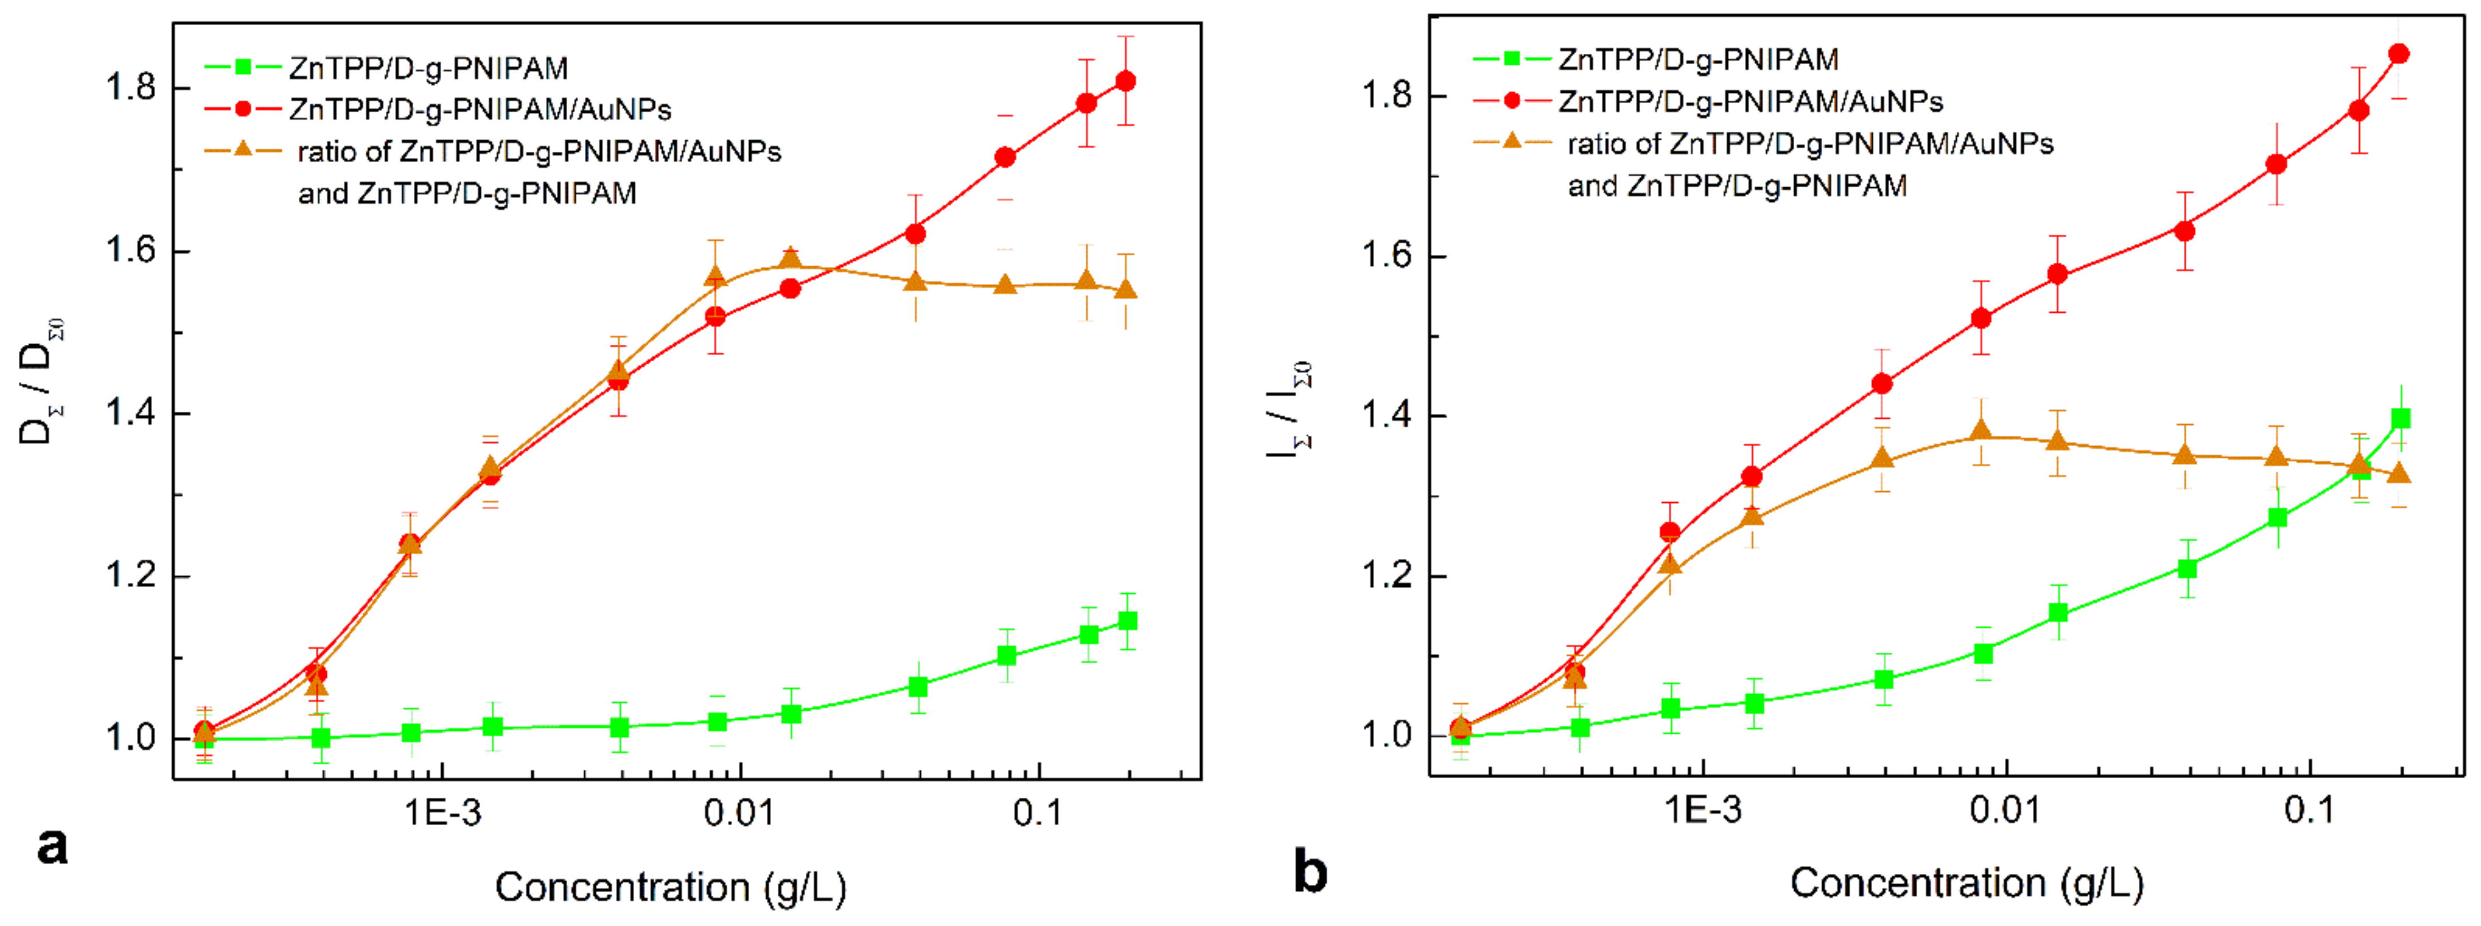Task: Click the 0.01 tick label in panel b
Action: tap(2005, 809)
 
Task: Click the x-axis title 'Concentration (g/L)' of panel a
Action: tap(670, 886)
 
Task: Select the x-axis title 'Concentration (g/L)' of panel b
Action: tap(1966, 882)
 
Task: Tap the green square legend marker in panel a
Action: tap(243, 66)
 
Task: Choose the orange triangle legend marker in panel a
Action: tap(243, 149)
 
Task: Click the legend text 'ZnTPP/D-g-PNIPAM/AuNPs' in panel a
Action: tap(480, 109)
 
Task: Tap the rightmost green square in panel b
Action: tap(2401, 418)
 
